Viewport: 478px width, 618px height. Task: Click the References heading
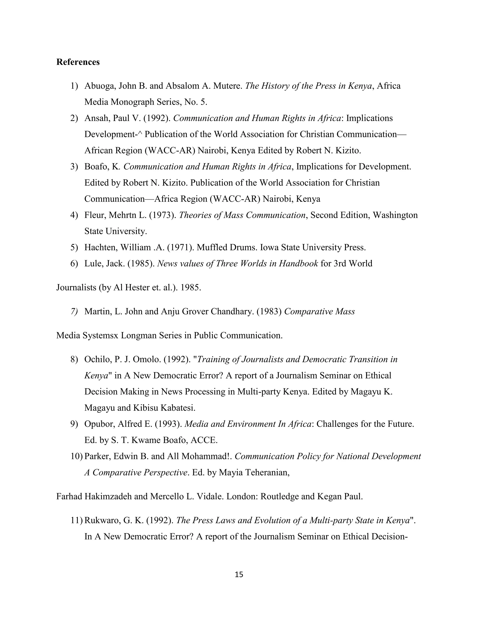(x=78, y=62)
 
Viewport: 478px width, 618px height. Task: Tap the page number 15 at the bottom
(x=239, y=574)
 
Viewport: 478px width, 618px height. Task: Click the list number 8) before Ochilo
(x=74, y=359)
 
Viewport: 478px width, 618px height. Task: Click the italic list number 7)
(x=74, y=312)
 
